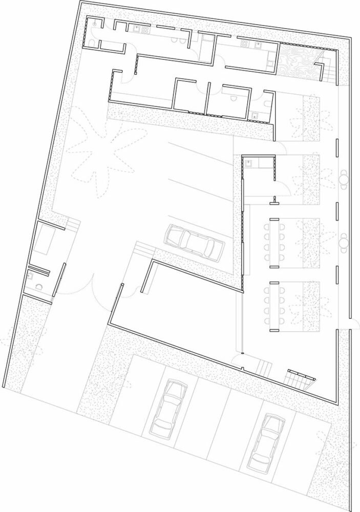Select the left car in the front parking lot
coord(167,409)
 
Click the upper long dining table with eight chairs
coord(274,243)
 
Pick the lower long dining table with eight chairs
coord(274,306)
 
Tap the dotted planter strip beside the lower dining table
coord(311,306)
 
